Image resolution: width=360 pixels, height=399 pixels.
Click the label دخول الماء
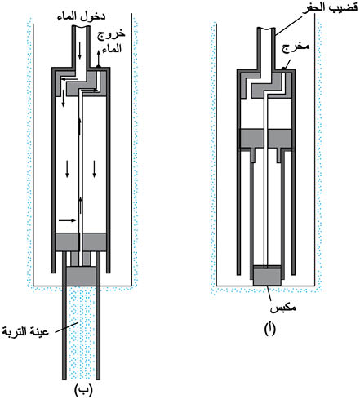[x=81, y=16]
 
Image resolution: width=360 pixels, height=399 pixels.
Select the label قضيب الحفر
[x=331, y=7]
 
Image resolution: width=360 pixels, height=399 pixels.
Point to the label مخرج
[x=296, y=47]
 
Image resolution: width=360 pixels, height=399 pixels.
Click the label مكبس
[x=283, y=308]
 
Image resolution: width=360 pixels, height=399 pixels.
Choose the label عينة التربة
[x=25, y=331]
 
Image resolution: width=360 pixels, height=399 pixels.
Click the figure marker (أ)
[x=269, y=328]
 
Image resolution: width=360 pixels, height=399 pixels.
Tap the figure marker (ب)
[x=83, y=391]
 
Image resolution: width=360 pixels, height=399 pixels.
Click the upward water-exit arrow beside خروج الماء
[x=99, y=57]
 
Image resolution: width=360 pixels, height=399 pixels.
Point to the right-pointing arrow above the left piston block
[x=67, y=220]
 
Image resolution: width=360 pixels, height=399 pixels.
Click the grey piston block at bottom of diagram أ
[x=267, y=277]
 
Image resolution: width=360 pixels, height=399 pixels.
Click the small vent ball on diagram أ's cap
[x=283, y=69]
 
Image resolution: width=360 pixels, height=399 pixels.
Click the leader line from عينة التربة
[x=67, y=327]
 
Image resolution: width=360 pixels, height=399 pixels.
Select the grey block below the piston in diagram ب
[x=82, y=276]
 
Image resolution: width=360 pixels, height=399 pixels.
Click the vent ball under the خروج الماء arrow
[x=99, y=66]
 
